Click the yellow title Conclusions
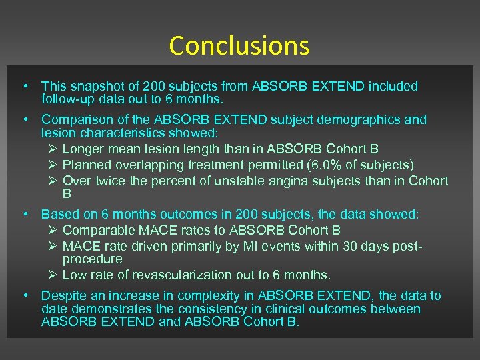tap(239, 45)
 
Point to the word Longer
tap(83, 149)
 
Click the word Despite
tap(63, 296)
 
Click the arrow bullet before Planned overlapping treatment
tap(53, 164)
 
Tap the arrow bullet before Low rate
tap(53, 275)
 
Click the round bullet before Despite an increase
tap(24, 296)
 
